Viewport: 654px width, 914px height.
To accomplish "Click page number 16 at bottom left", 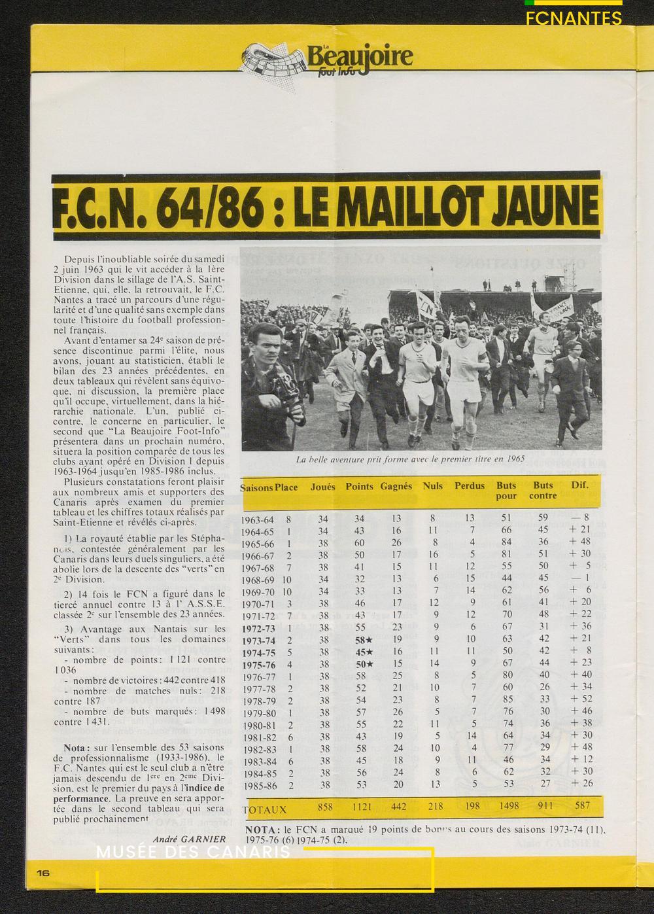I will [x=43, y=873].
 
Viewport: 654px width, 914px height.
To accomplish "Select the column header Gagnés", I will [x=396, y=486].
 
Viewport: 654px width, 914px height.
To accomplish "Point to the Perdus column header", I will [x=470, y=486].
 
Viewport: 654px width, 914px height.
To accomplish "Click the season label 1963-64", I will [x=257, y=519].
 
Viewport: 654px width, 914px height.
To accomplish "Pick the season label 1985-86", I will [x=257, y=783].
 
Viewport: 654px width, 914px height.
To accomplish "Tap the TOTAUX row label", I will [x=266, y=809].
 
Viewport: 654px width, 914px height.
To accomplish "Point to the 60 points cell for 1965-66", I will [x=359, y=542].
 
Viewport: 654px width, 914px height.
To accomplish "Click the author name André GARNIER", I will [x=189, y=839].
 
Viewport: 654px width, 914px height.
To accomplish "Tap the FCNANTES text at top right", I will [x=574, y=18].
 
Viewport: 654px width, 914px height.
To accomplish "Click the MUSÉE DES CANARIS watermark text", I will [x=193, y=853].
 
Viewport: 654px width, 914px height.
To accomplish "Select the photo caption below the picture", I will [x=410, y=459].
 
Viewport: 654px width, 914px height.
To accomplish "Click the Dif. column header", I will [x=579, y=485].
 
